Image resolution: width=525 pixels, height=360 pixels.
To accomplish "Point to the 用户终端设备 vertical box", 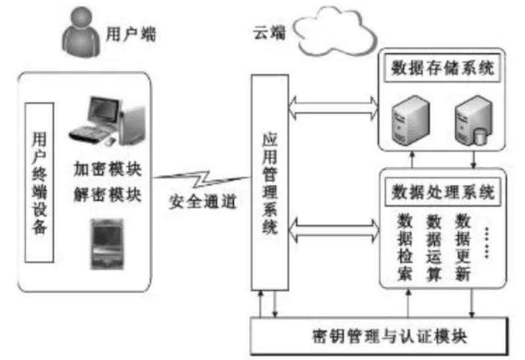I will pos(39,182).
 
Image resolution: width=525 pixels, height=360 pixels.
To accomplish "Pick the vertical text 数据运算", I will pos(434,247).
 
